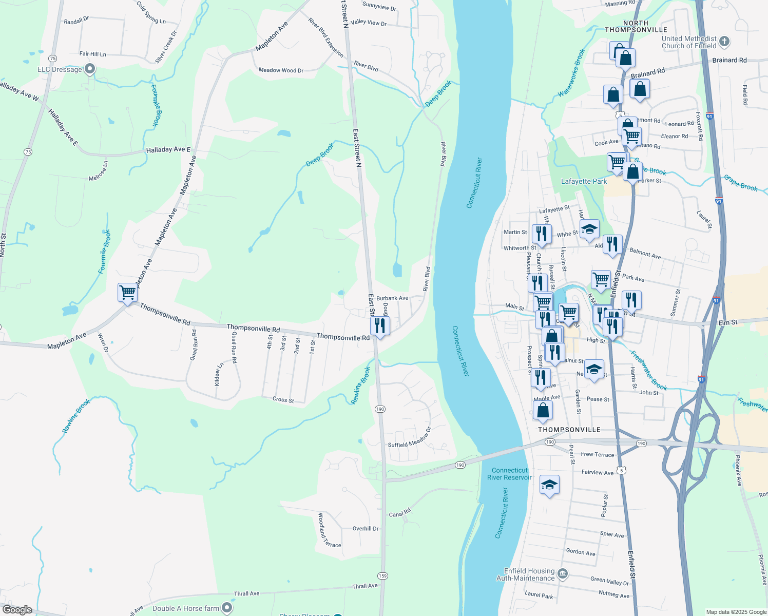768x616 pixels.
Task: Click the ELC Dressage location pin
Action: (x=90, y=69)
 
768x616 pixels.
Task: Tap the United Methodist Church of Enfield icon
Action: (x=724, y=42)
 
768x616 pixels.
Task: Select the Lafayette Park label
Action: (x=584, y=181)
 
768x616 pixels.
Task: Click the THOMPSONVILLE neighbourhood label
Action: (x=569, y=430)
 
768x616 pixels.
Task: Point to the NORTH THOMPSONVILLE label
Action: (x=636, y=27)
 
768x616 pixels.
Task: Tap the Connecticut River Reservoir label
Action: (x=509, y=474)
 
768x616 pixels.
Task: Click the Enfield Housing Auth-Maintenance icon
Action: (x=563, y=573)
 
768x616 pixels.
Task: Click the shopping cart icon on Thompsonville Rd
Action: (x=127, y=293)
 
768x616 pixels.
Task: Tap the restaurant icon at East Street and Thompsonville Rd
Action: (x=380, y=325)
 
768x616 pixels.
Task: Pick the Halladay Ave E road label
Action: (x=168, y=150)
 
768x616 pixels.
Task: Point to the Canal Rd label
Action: (x=400, y=513)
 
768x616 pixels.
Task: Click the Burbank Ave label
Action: (x=392, y=298)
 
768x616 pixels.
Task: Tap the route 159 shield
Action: (x=382, y=575)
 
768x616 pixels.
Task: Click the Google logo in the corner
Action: (x=17, y=609)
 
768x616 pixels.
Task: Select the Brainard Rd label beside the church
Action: (x=729, y=60)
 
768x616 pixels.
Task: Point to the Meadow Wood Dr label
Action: (x=281, y=70)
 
